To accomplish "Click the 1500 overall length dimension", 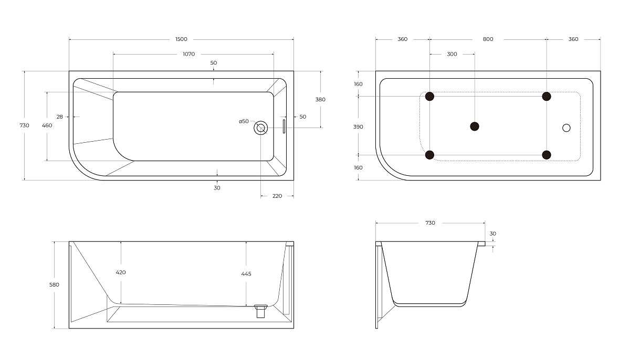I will (x=181, y=39).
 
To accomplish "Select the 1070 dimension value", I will (x=189, y=54).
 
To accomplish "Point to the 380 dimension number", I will (x=320, y=99).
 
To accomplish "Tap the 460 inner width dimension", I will (x=47, y=125).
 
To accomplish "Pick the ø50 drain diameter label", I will (x=244, y=121).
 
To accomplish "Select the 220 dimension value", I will (x=277, y=196).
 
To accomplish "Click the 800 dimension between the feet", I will (x=488, y=39).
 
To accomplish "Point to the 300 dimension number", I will (x=451, y=54).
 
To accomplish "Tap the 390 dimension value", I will (x=359, y=126).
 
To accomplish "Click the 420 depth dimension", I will (x=121, y=272).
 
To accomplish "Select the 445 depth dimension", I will (x=246, y=273).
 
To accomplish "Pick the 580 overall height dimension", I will (x=54, y=284).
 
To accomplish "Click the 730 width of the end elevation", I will (x=430, y=223).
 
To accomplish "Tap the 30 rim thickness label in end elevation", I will (x=492, y=234).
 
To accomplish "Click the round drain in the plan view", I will (x=260, y=127).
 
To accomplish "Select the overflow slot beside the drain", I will (x=284, y=126).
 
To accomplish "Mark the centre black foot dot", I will (x=475, y=126).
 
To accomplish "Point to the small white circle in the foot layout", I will (x=566, y=127).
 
